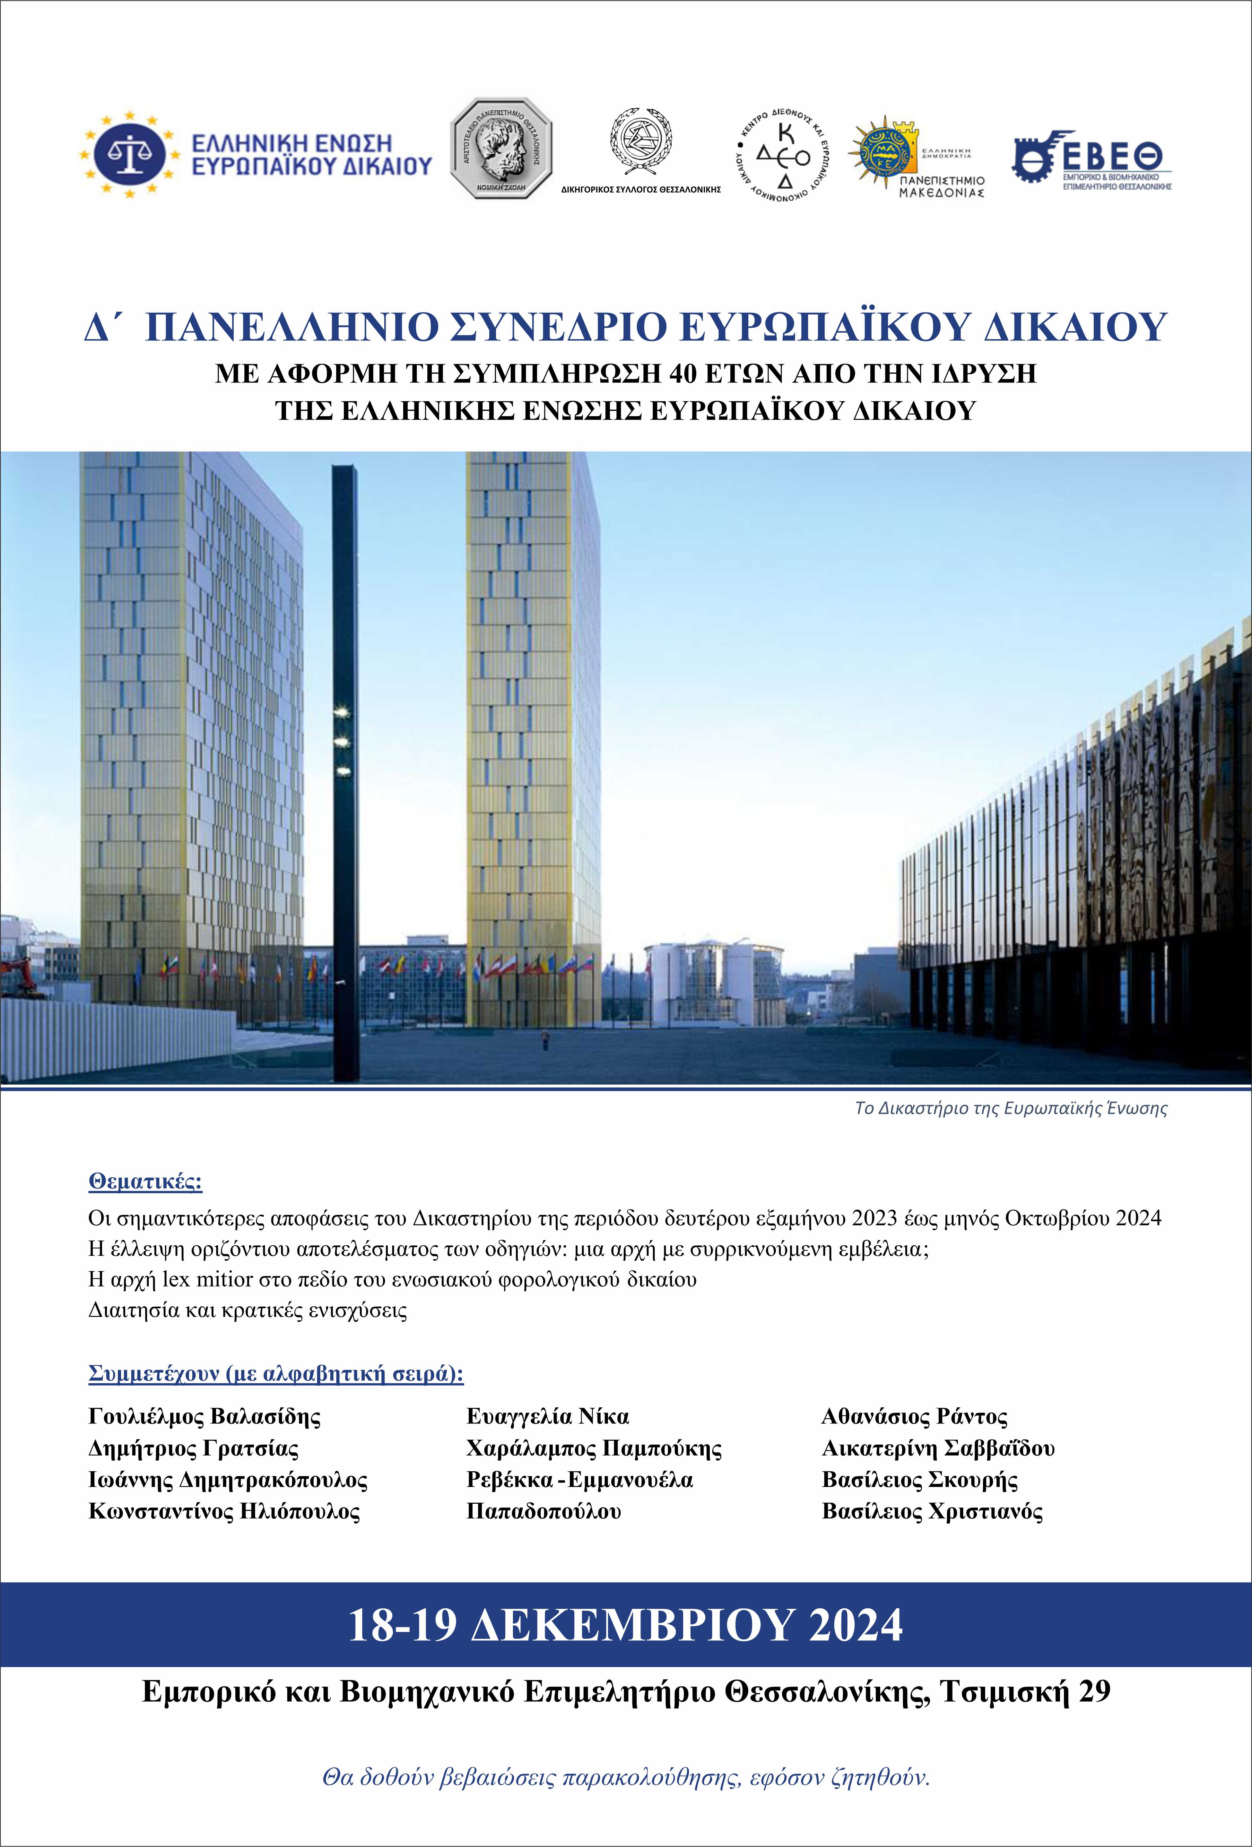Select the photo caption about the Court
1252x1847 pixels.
[x=1010, y=1108]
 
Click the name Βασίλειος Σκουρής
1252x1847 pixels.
[x=920, y=1480]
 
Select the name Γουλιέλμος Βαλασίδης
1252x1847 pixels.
[x=204, y=1416]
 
